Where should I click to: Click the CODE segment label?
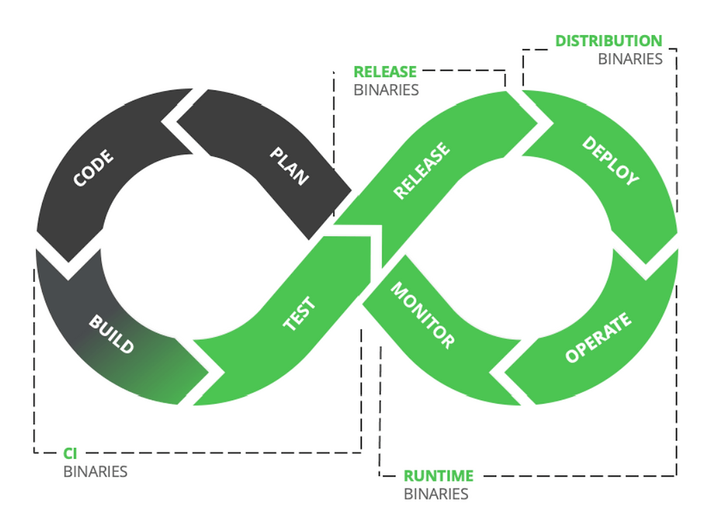pos(94,168)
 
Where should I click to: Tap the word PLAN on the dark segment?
pos(289,166)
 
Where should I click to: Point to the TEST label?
pos(299,314)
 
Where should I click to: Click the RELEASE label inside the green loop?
pos(422,171)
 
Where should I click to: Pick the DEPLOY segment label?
pos(611,160)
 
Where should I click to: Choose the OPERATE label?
pos(598,338)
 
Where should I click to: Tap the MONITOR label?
pos(422,315)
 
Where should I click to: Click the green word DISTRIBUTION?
pos(608,41)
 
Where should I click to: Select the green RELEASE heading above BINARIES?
pos(385,72)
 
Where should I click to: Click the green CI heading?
pos(70,453)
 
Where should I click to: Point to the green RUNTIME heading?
pos(438,476)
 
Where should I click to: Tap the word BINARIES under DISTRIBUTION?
pos(630,59)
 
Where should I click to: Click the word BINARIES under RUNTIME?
pos(436,494)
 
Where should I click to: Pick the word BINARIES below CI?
pos(95,472)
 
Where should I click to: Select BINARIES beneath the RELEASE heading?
pos(386,90)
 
